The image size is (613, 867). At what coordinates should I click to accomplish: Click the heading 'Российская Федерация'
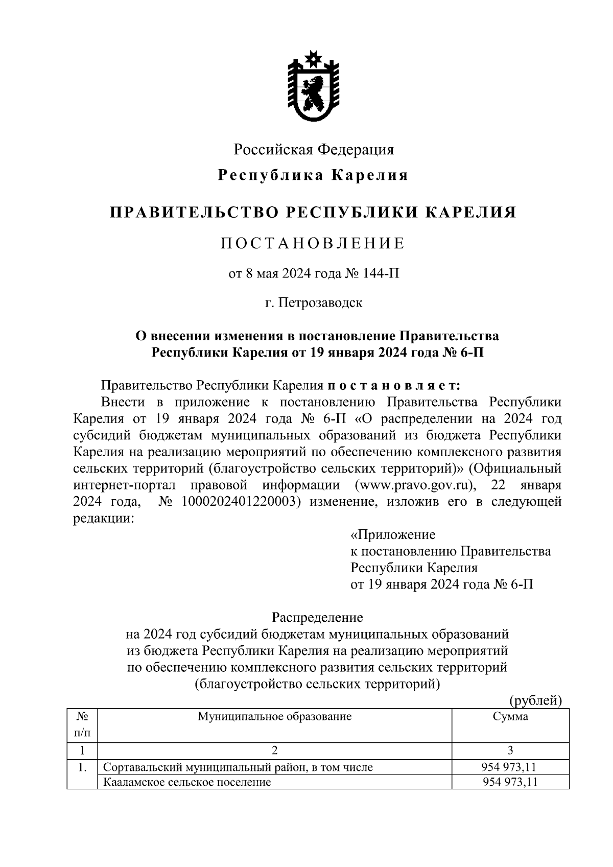[x=314, y=150]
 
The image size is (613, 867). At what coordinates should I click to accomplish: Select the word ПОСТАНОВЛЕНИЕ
[x=313, y=243]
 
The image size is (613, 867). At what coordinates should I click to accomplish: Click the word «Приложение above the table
[x=393, y=535]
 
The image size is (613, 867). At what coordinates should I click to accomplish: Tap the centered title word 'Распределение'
[x=317, y=618]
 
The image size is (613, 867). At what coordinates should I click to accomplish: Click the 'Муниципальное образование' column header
[x=274, y=716]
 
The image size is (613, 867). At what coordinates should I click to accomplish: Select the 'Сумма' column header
[x=510, y=716]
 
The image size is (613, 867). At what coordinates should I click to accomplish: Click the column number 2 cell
[x=274, y=751]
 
